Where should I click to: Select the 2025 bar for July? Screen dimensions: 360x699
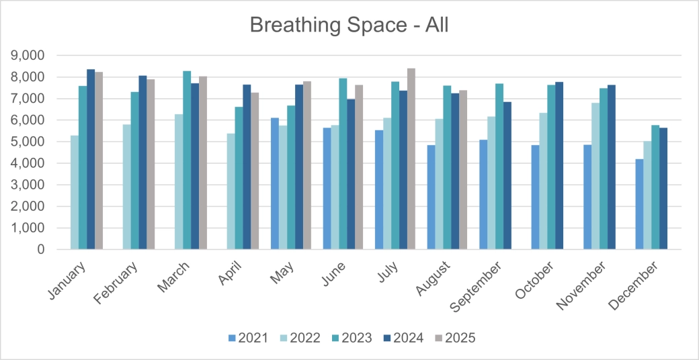(411, 159)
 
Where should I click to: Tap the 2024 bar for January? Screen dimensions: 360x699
(91, 159)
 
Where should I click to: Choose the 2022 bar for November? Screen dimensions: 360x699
(595, 176)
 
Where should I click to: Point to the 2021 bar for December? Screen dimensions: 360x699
(639, 204)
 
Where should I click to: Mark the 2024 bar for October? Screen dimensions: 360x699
(559, 165)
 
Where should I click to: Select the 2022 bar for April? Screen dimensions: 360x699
(231, 191)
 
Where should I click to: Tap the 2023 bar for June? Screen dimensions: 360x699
(343, 164)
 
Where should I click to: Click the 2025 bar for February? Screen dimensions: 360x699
(151, 164)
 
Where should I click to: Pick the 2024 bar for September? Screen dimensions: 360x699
(507, 175)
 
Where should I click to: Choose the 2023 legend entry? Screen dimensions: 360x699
(350, 338)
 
